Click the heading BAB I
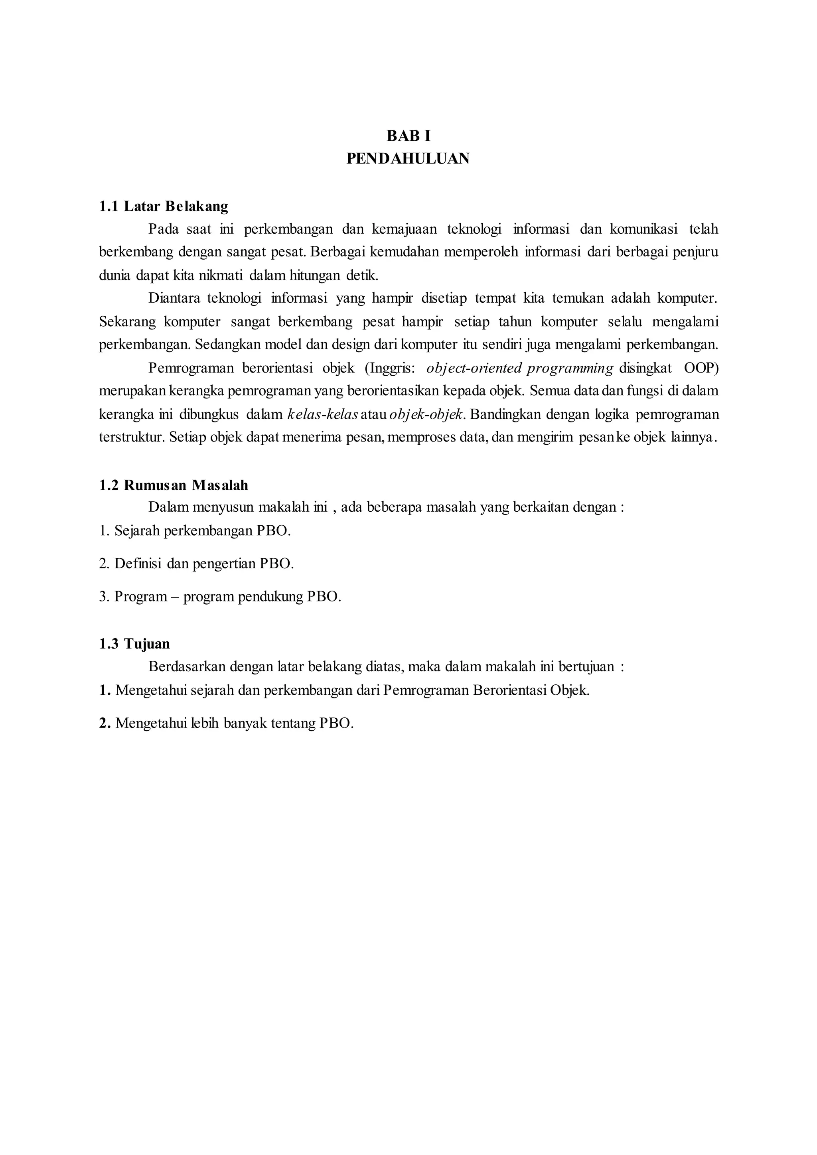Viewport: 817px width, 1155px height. click(x=408, y=136)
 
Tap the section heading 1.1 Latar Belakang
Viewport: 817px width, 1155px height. click(x=164, y=206)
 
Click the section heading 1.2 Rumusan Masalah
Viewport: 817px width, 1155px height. click(x=174, y=485)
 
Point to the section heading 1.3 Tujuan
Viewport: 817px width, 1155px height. click(x=134, y=644)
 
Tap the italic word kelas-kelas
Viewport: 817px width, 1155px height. click(x=322, y=414)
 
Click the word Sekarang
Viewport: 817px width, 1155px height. click(x=128, y=321)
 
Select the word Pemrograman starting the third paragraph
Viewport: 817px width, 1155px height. click(x=191, y=368)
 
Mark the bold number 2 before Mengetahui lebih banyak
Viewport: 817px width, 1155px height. click(x=104, y=723)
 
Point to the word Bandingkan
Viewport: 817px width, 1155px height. click(x=505, y=414)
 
